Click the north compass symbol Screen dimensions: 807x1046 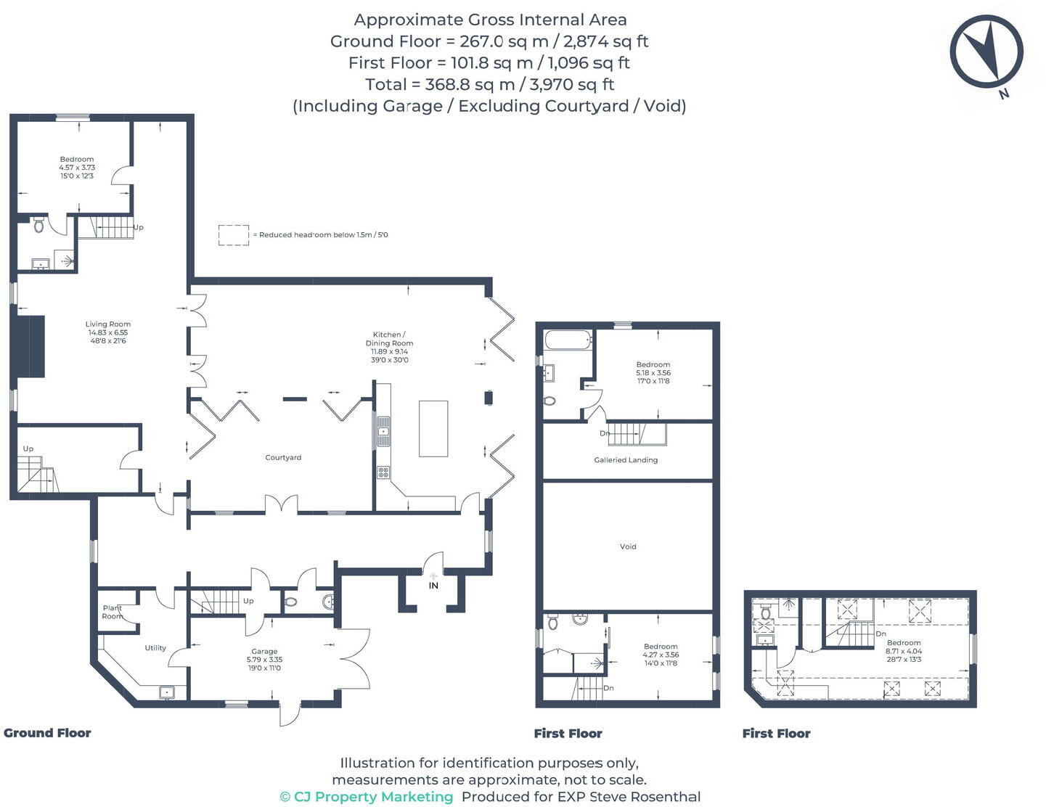click(x=986, y=52)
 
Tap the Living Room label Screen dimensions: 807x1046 click(x=107, y=324)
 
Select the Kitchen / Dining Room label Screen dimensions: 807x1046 click(x=389, y=339)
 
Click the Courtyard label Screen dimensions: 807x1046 click(x=283, y=458)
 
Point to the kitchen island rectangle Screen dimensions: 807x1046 click(x=433, y=428)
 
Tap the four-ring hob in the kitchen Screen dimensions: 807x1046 click(x=383, y=472)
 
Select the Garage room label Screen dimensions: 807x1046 click(x=264, y=652)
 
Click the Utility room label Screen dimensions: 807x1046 click(x=155, y=648)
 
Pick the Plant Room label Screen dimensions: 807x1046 click(x=113, y=612)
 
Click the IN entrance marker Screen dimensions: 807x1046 click(x=433, y=586)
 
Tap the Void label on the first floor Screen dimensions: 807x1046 click(x=628, y=546)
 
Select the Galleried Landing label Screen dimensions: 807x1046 click(x=626, y=460)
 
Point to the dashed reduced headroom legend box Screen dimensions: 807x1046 click(x=234, y=235)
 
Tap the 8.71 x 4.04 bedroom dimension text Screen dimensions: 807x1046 click(x=903, y=651)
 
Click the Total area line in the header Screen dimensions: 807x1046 click(x=489, y=84)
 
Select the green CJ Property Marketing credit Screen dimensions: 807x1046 click(x=367, y=797)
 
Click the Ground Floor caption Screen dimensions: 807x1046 click(x=47, y=733)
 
